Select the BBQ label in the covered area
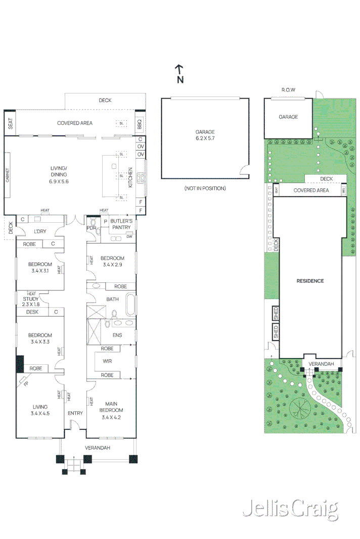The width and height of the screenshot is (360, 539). click(140, 122)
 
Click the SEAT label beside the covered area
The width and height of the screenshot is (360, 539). click(10, 123)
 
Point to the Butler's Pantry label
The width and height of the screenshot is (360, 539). click(121, 224)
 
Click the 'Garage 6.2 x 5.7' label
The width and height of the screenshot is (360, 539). click(205, 135)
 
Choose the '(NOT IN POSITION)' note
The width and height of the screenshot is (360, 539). click(205, 188)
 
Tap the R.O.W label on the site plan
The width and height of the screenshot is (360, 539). click(288, 90)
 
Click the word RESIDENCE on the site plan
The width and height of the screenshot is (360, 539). click(309, 281)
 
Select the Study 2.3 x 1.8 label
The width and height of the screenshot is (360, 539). click(30, 302)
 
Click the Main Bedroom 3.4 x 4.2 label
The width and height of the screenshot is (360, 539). click(111, 410)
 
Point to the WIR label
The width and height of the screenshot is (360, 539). click(107, 361)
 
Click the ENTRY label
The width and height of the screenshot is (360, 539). click(75, 413)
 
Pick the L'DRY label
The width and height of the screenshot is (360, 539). click(40, 231)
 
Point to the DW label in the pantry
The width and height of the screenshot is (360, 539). click(129, 236)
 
